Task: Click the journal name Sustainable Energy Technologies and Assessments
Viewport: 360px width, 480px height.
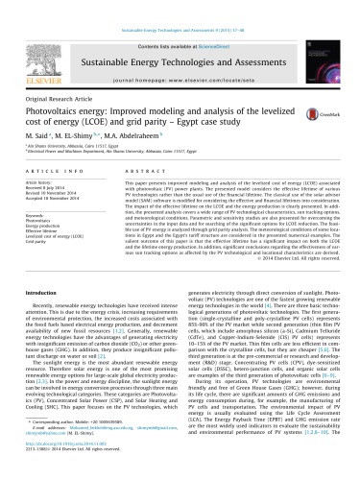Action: [x=179, y=36]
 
